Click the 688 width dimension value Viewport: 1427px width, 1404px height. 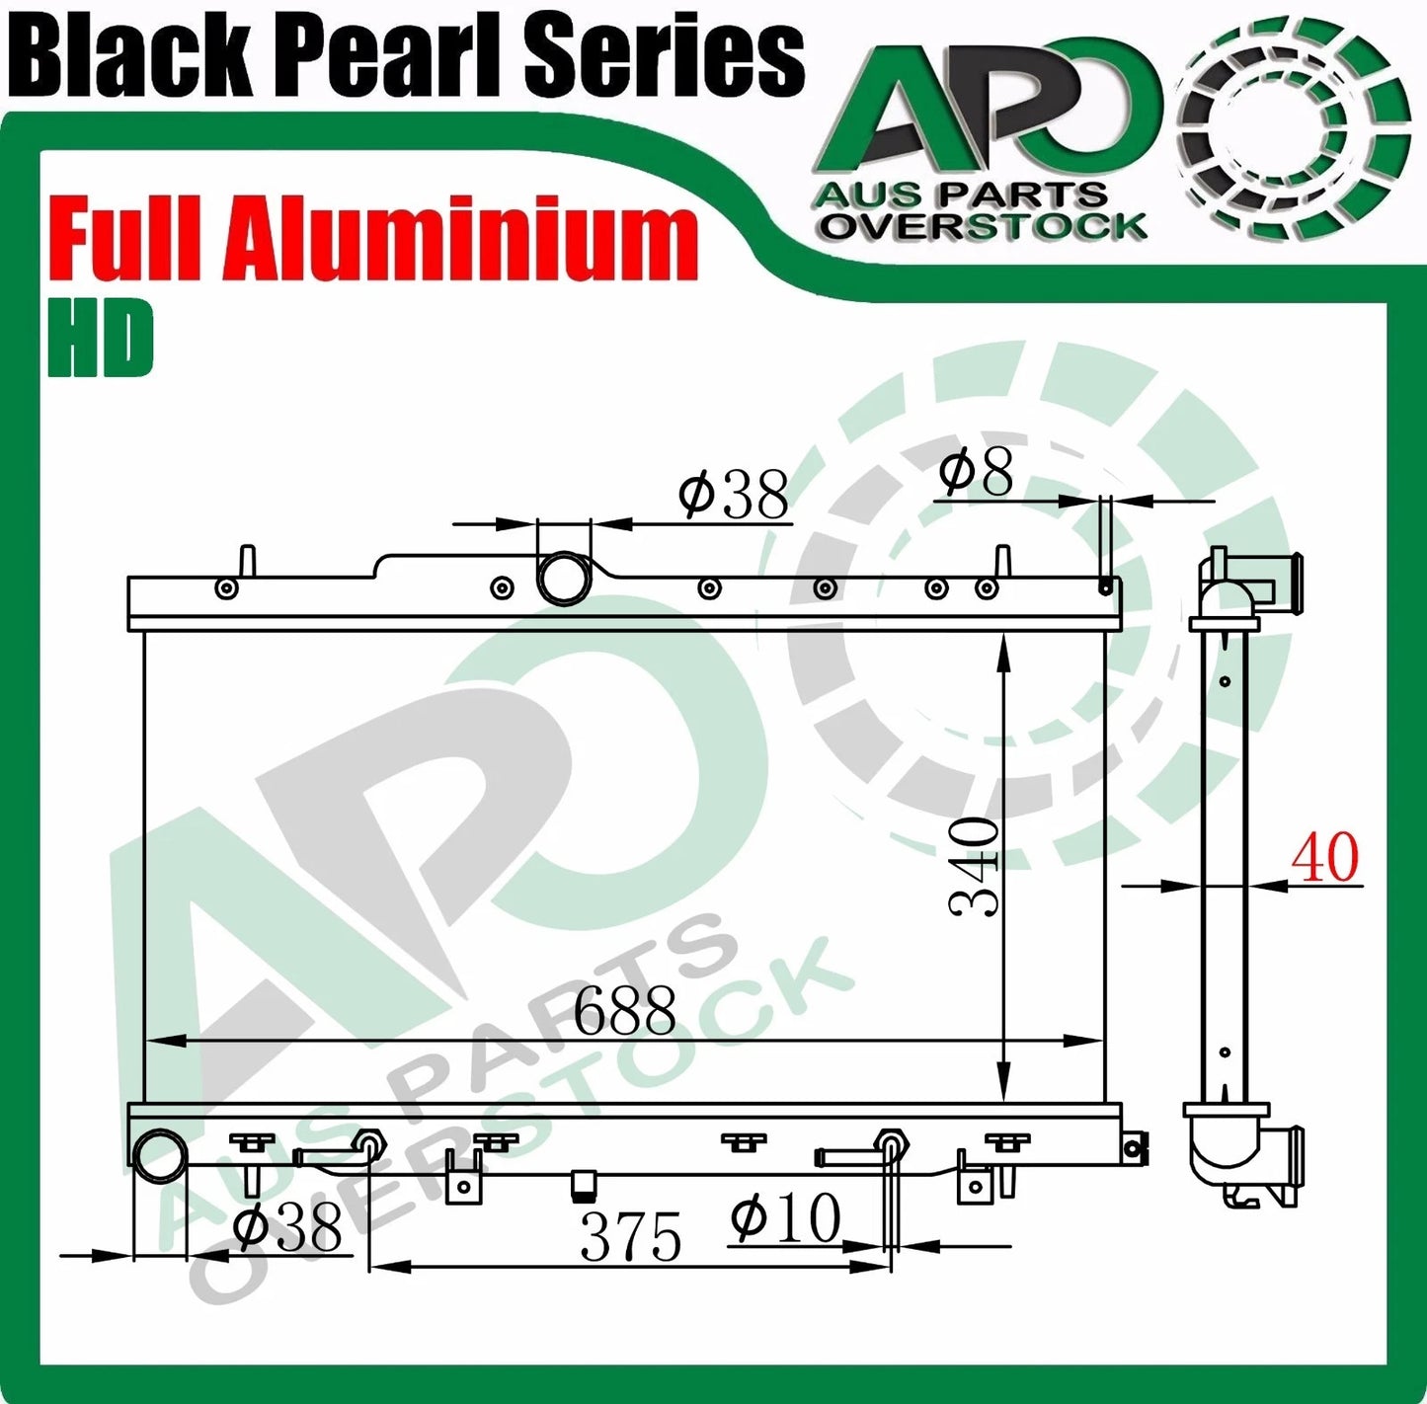coord(624,1010)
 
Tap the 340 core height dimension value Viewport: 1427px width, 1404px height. coord(975,865)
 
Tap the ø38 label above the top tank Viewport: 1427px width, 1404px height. coord(733,494)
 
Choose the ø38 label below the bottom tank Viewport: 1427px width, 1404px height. coord(286,1227)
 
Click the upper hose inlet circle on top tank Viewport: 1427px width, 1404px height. coord(564,578)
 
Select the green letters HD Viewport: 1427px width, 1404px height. coord(101,339)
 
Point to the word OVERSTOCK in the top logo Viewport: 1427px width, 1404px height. coord(985,226)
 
